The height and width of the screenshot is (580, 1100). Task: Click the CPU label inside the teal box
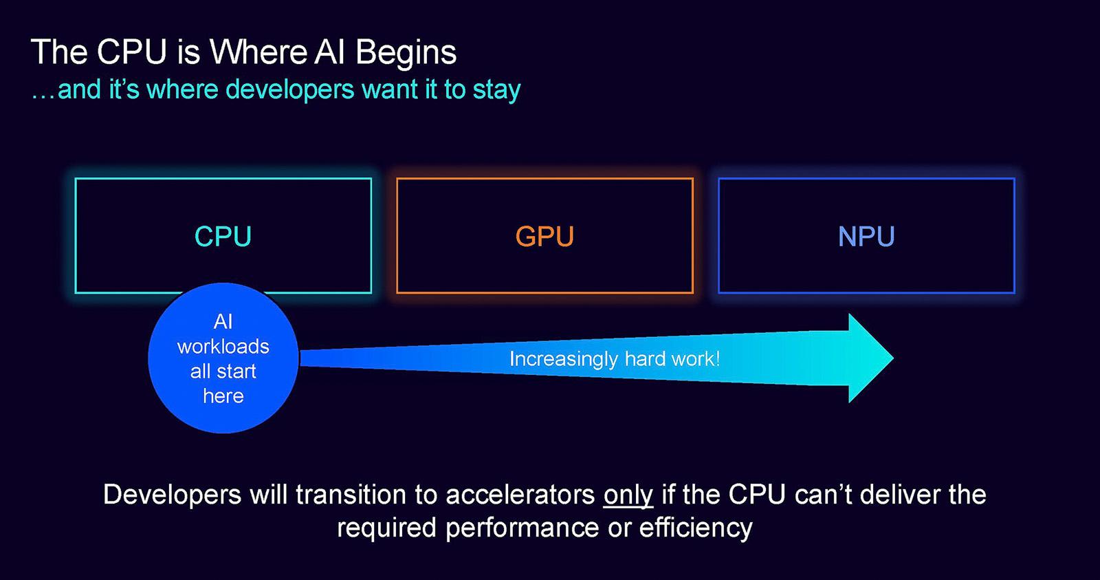[x=223, y=237]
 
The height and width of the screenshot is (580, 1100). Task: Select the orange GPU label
[x=544, y=237]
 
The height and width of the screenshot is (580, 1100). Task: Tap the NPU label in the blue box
[x=866, y=237]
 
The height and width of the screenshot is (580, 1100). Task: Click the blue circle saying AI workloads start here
[x=223, y=358]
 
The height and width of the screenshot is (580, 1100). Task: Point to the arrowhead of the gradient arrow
[x=869, y=358]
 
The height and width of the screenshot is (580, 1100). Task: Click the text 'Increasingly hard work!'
[x=615, y=358]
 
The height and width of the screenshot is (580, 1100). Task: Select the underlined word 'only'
[x=628, y=495]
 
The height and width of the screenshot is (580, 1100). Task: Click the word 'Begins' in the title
[x=406, y=52]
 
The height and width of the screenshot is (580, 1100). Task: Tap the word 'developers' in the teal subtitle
[x=289, y=89]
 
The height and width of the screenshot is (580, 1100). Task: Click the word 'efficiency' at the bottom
[x=696, y=528]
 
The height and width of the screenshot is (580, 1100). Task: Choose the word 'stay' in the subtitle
[x=496, y=90]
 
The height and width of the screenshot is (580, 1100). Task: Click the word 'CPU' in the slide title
[x=132, y=52]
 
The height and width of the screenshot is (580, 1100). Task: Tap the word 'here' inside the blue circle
[x=223, y=396]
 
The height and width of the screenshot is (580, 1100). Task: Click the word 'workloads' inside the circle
[x=223, y=346]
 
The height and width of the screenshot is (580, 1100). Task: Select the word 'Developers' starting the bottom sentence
[x=172, y=495]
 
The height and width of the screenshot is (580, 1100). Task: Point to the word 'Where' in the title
[x=258, y=52]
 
